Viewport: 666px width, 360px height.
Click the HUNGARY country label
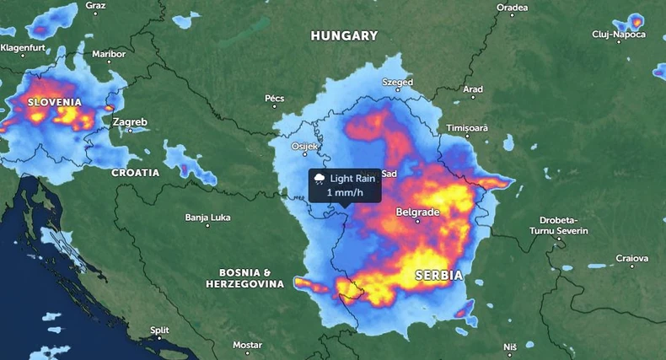point(344,35)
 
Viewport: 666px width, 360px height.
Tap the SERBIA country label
point(438,276)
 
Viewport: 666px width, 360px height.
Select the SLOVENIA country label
point(55,102)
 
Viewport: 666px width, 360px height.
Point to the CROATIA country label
point(135,172)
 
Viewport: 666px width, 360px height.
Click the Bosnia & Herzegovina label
point(244,279)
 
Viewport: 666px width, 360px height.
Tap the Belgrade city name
point(417,212)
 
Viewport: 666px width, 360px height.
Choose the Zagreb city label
point(130,122)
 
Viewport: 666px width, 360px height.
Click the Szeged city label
point(398,83)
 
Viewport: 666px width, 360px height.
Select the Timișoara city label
point(468,126)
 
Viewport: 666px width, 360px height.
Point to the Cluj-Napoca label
point(618,34)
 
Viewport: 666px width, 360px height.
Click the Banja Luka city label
point(207,218)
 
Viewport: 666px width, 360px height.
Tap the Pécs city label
point(275,99)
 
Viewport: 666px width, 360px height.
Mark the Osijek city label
point(305,146)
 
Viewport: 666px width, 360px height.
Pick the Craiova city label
point(632,258)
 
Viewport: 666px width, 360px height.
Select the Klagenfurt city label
point(27,48)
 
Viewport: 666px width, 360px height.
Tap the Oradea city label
point(512,8)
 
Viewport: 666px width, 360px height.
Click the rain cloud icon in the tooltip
point(320,178)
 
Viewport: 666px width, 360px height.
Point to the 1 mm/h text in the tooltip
point(345,193)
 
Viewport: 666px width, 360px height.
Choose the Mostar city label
point(247,346)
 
